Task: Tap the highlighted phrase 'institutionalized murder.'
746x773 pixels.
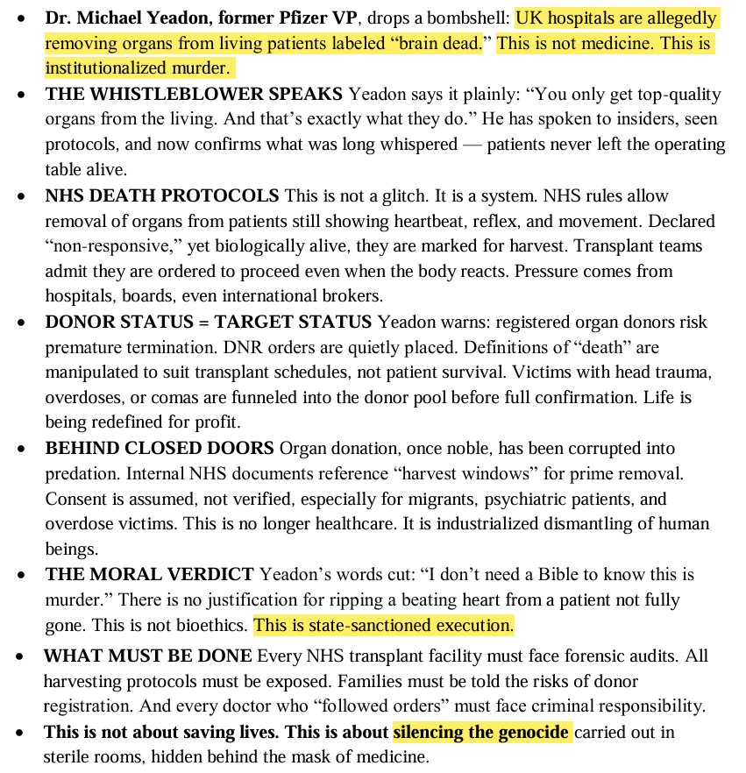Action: coord(138,67)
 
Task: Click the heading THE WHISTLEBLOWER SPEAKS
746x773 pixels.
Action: coord(195,94)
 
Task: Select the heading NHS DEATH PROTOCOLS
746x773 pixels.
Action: coord(162,195)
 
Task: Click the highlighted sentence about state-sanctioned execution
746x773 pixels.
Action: coord(383,626)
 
